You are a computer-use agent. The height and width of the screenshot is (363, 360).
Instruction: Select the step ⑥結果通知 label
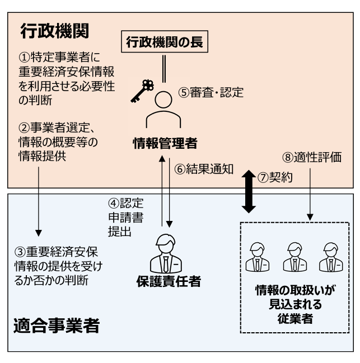click(208, 168)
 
